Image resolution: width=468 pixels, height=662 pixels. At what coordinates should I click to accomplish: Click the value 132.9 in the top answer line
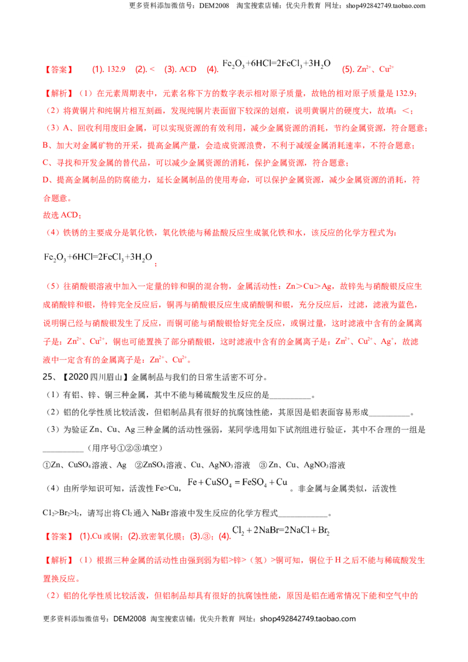pyautogui.click(x=116, y=69)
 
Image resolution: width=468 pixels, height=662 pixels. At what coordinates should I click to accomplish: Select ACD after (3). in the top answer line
pyautogui.click(x=188, y=69)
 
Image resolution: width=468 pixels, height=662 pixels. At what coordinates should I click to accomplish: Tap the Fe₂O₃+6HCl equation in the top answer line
pyautogui.click(x=276, y=64)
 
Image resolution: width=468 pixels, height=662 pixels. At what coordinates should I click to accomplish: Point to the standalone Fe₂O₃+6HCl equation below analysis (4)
pyautogui.click(x=98, y=257)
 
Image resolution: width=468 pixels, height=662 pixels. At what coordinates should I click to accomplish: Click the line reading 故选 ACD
pyautogui.click(x=61, y=215)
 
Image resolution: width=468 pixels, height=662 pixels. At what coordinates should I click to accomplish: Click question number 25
pyautogui.click(x=47, y=377)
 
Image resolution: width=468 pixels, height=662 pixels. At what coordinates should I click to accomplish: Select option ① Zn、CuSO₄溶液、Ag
pyautogui.click(x=84, y=466)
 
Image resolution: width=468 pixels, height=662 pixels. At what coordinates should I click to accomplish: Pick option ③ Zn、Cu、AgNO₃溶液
pyautogui.click(x=302, y=466)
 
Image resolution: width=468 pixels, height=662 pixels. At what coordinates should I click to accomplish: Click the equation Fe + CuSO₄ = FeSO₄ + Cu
pyautogui.click(x=238, y=482)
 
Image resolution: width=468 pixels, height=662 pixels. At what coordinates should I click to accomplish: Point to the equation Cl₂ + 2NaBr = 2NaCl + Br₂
pyautogui.click(x=281, y=530)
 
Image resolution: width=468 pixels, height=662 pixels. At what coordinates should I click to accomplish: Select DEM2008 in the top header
pyautogui.click(x=214, y=6)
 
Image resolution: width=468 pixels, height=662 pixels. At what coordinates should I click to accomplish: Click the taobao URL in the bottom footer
pyautogui.click(x=308, y=619)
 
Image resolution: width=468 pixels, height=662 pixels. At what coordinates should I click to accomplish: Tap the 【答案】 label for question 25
pyautogui.click(x=58, y=537)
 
